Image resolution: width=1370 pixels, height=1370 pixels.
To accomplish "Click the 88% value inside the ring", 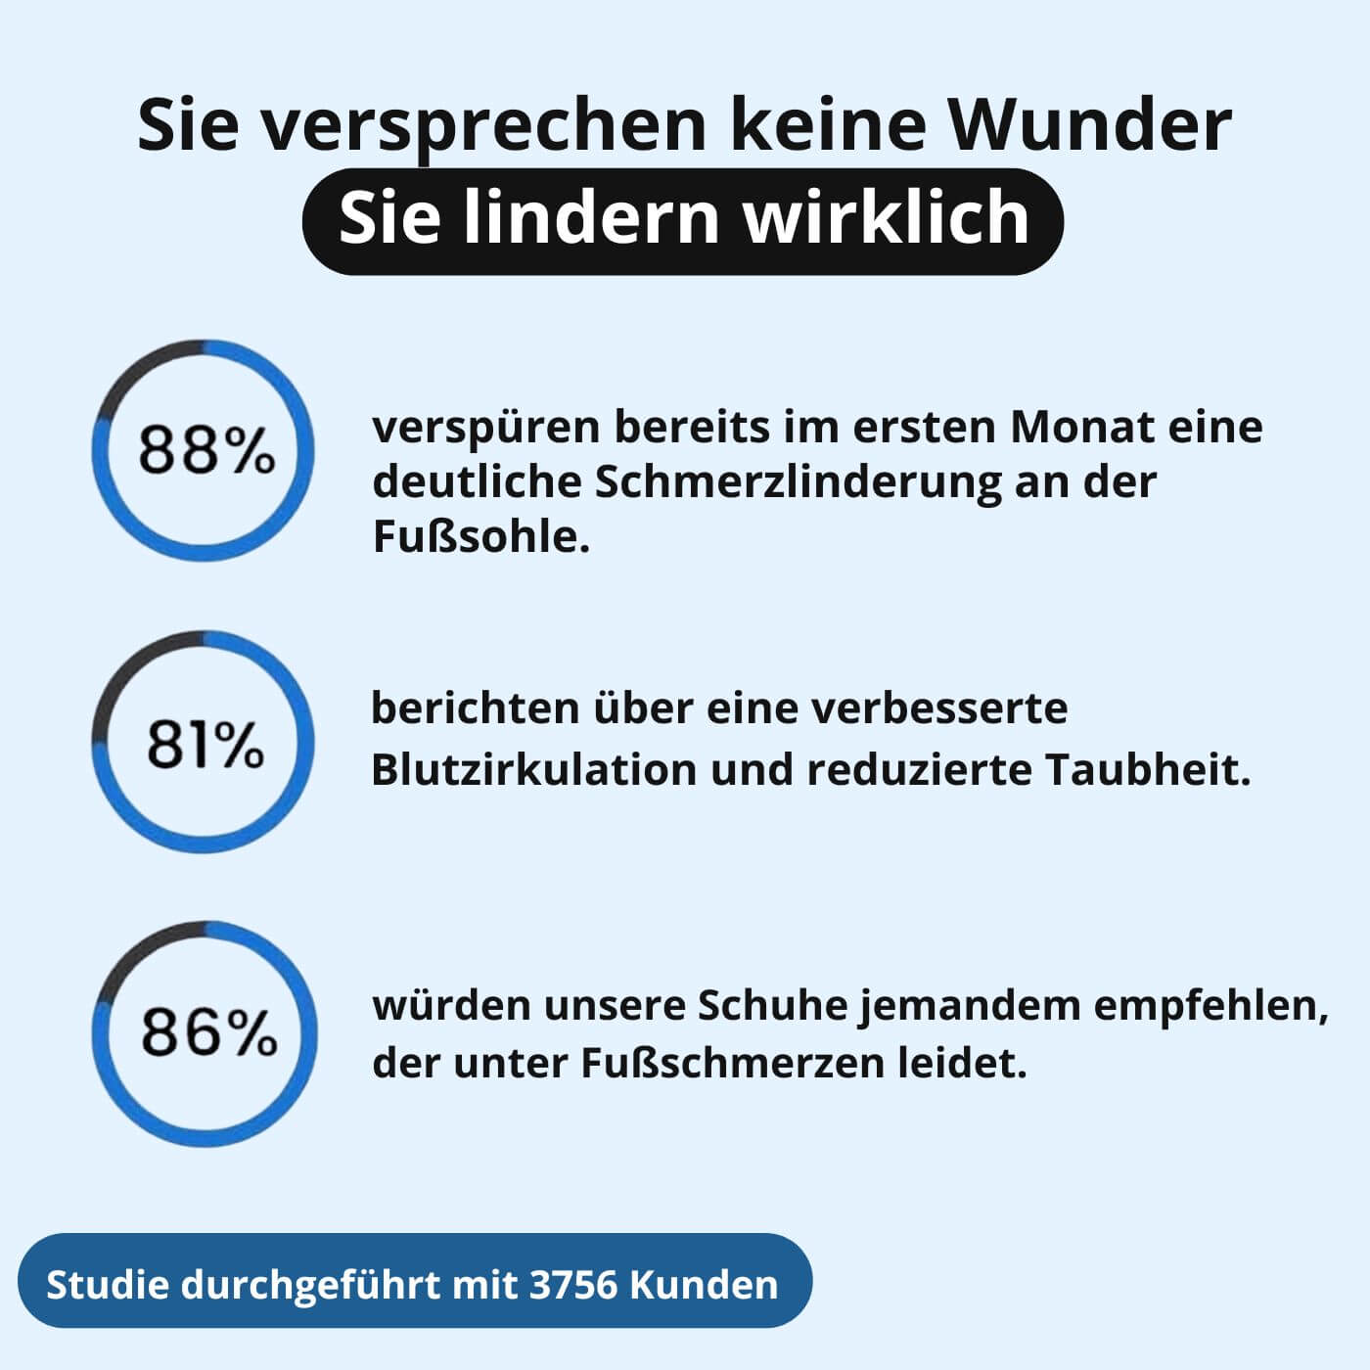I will (205, 451).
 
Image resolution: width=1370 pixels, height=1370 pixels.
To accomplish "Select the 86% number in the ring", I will (208, 1032).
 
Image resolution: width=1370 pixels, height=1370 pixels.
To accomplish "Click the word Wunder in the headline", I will (1091, 124).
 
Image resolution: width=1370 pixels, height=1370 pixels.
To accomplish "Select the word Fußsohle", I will (480, 536).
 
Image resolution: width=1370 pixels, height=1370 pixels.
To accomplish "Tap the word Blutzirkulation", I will (532, 770).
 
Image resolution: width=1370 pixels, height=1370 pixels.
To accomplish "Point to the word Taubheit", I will (1148, 770).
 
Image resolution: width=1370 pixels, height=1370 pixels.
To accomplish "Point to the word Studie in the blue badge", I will (107, 1284).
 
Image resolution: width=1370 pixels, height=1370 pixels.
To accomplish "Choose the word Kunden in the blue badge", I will (704, 1284).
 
